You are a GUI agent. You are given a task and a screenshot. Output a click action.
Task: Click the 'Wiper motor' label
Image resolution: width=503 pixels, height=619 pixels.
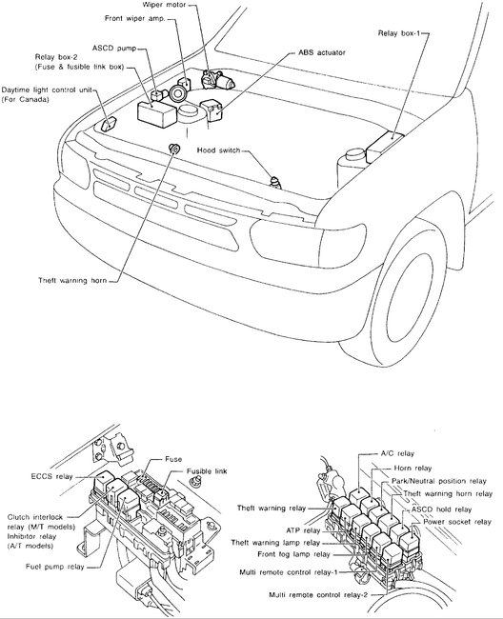(164, 5)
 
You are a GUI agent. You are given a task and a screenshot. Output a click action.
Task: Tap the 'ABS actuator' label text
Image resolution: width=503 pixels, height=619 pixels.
(322, 52)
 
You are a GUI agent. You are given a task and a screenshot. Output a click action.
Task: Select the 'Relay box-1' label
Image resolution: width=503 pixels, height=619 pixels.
(399, 33)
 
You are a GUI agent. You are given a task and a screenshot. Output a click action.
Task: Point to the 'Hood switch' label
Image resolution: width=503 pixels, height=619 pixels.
(218, 150)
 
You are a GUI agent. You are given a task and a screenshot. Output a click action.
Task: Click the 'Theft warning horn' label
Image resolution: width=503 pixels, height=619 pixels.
(72, 280)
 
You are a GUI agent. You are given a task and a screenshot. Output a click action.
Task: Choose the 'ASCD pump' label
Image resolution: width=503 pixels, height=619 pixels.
(114, 49)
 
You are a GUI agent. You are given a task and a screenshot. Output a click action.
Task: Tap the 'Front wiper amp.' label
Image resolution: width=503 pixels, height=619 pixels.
(134, 18)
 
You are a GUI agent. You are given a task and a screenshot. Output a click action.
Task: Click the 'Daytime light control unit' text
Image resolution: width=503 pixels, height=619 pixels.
(47, 90)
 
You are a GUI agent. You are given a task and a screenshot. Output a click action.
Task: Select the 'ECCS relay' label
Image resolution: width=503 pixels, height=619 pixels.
(51, 476)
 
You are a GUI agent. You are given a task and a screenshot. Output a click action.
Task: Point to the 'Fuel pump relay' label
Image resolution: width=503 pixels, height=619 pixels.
(55, 567)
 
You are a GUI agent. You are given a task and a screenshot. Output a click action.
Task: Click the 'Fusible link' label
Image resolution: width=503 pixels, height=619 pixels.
(207, 471)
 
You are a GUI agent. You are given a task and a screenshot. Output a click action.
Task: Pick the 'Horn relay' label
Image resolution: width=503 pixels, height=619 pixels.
(412, 468)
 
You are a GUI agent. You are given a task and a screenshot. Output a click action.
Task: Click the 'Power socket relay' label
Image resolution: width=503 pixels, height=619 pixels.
(457, 522)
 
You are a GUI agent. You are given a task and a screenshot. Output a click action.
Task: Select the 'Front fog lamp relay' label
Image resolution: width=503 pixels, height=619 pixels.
(293, 554)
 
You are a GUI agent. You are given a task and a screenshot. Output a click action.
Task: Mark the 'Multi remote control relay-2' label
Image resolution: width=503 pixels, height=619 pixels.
(318, 594)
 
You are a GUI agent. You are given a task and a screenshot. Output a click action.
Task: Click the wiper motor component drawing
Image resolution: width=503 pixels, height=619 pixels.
(217, 79)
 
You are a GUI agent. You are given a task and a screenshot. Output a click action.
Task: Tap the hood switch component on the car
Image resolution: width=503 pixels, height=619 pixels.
(275, 183)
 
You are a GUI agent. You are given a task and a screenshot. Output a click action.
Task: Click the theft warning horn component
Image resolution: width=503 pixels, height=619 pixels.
(173, 149)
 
